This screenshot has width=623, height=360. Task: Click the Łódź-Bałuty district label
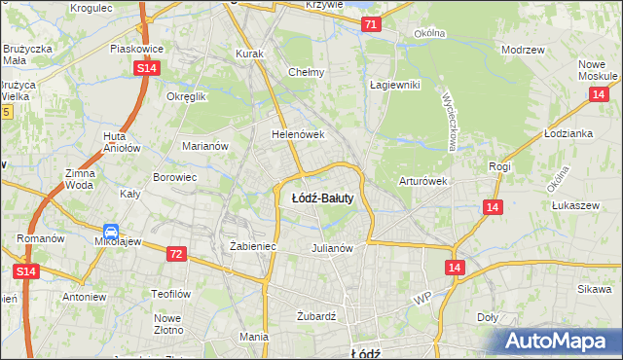(x=322, y=198)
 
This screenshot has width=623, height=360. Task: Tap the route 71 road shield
(x=370, y=24)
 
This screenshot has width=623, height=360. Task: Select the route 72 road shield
(x=175, y=254)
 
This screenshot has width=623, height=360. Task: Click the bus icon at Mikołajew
(x=112, y=233)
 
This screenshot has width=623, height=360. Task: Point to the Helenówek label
(x=297, y=134)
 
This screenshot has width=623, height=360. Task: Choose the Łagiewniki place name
(x=394, y=85)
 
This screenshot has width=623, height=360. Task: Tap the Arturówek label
(x=422, y=181)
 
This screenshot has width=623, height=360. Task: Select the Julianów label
(x=331, y=248)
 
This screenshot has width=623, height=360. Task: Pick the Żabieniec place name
(x=253, y=247)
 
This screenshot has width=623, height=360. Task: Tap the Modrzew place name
(x=521, y=49)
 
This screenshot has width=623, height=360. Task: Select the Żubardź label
(x=315, y=316)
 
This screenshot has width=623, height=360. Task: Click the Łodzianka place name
(x=568, y=133)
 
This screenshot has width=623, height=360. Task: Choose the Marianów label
(x=205, y=146)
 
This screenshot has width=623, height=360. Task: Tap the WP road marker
(x=421, y=298)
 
